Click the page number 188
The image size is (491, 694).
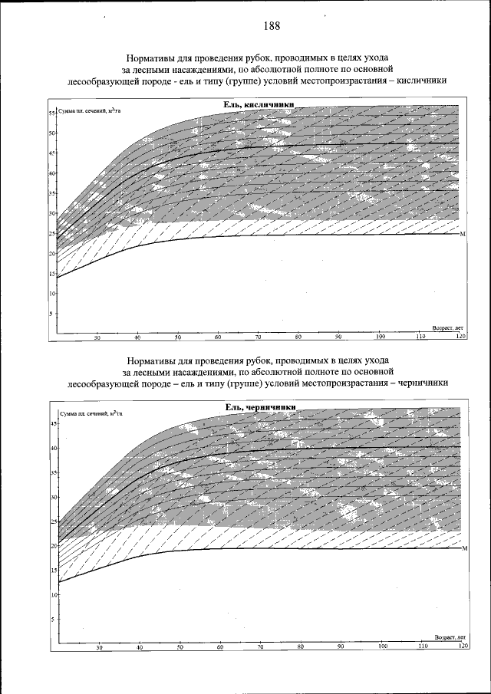pyautogui.click(x=271, y=26)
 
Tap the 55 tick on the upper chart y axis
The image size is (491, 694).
pyautogui.click(x=52, y=113)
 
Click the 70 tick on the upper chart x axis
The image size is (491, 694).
pyautogui.click(x=259, y=337)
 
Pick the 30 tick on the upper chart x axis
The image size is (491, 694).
pyautogui.click(x=97, y=337)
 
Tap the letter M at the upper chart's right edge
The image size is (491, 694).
pyautogui.click(x=463, y=234)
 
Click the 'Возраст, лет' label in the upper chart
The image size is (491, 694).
pyautogui.click(x=448, y=327)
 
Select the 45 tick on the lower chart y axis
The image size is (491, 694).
pyautogui.click(x=54, y=423)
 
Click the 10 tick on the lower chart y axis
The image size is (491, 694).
pyautogui.click(x=54, y=594)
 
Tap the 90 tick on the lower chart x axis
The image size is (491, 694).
pyautogui.click(x=341, y=648)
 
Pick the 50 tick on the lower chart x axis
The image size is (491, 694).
pyautogui.click(x=180, y=648)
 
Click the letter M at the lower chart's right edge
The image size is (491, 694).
pyautogui.click(x=465, y=549)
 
